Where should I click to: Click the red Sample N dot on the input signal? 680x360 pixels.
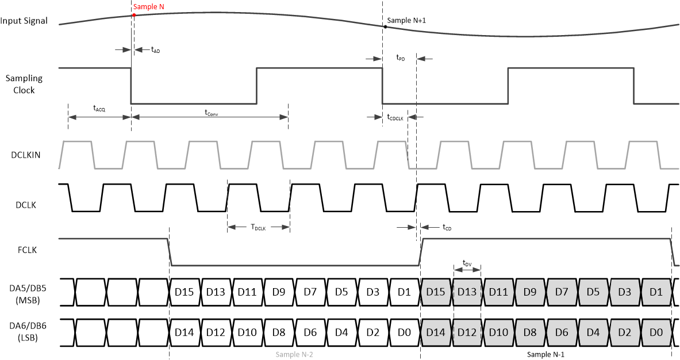click(x=133, y=14)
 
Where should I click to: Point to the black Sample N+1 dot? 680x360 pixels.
click(x=386, y=26)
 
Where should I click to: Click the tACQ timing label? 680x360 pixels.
click(x=99, y=108)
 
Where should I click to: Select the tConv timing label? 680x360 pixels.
click(x=211, y=113)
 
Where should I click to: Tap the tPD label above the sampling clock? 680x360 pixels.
click(x=400, y=58)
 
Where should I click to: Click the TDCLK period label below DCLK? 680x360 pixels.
click(x=258, y=228)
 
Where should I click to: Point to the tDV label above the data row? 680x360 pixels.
click(x=467, y=263)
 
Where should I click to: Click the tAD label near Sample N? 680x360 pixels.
click(x=155, y=51)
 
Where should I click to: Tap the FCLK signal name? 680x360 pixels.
click(x=29, y=250)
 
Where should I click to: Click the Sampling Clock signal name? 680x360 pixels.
click(x=24, y=84)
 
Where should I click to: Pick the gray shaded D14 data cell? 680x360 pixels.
click(x=436, y=332)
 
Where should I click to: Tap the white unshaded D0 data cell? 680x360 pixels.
click(x=405, y=332)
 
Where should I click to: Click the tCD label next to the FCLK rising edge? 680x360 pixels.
click(x=447, y=228)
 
